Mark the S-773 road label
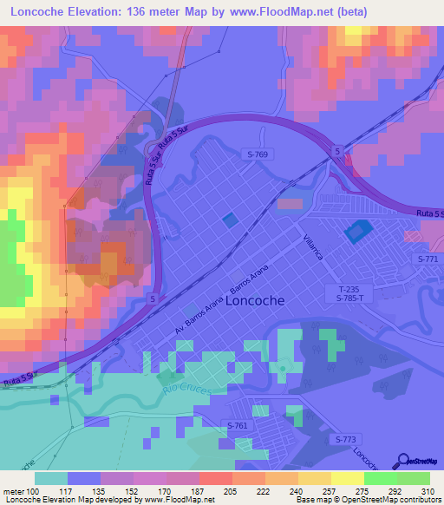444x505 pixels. point(345,440)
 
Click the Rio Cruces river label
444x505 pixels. point(183,394)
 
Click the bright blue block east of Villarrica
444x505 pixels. point(356,231)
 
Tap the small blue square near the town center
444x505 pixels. point(229,220)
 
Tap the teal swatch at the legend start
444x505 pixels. point(51,478)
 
